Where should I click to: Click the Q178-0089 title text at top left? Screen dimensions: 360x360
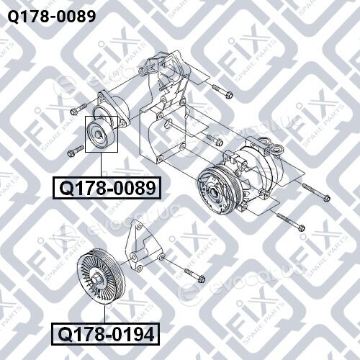tap(52, 17)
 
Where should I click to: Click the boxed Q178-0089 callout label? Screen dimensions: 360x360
tap(107, 188)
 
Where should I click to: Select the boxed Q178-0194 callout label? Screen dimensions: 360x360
tap(106, 334)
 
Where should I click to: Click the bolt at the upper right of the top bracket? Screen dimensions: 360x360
tap(222, 91)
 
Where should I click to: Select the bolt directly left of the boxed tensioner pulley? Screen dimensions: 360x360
tap(75, 150)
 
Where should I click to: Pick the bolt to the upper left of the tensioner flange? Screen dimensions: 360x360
tap(78, 108)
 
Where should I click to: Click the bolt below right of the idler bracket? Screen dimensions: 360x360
tap(194, 275)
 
